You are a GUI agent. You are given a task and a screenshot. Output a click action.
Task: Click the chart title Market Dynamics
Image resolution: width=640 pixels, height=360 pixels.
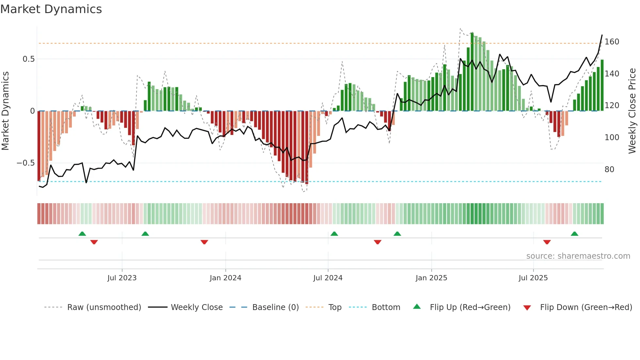click(x=51, y=9)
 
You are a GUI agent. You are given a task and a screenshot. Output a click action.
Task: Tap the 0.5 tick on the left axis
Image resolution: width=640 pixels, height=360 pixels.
click(x=28, y=59)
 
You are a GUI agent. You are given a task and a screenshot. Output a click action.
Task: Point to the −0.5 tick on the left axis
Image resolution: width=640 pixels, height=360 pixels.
click(x=25, y=163)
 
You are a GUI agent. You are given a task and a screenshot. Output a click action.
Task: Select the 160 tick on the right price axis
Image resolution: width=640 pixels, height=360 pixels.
click(x=612, y=42)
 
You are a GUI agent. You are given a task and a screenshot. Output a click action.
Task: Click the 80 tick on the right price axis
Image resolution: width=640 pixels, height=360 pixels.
click(x=609, y=170)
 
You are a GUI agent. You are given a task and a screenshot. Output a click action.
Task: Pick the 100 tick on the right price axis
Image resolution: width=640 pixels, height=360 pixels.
click(x=612, y=138)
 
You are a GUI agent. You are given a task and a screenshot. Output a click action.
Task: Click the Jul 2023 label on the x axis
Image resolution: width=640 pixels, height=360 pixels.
click(x=122, y=278)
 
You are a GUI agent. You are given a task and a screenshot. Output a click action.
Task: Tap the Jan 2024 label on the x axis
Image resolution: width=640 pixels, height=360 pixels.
click(x=225, y=278)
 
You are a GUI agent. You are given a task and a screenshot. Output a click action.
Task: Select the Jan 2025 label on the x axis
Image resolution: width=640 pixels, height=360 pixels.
click(x=431, y=278)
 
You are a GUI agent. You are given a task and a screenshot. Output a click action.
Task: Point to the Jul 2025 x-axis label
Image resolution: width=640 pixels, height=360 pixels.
click(x=533, y=278)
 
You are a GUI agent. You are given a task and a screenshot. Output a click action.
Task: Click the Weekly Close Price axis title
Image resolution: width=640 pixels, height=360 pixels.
click(x=632, y=111)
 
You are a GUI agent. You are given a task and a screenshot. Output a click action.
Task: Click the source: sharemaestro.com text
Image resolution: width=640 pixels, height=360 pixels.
click(x=578, y=256)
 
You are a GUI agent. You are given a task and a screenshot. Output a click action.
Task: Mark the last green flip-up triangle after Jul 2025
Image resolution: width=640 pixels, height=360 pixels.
click(x=574, y=234)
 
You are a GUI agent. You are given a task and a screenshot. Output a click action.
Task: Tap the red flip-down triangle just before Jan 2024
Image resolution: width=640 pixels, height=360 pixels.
click(x=204, y=242)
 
